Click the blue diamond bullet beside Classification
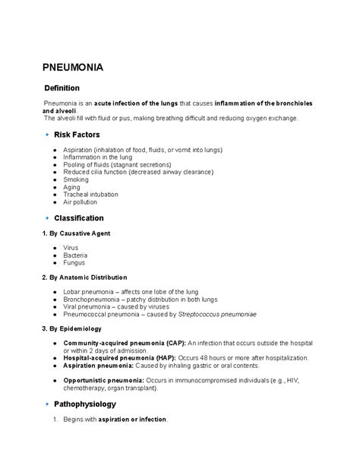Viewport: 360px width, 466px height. [x=46, y=218]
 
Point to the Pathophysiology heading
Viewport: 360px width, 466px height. [x=84, y=403]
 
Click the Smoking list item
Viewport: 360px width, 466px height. [x=76, y=179]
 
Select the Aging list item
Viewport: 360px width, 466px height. [x=72, y=187]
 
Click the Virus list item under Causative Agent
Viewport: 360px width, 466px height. [x=71, y=248]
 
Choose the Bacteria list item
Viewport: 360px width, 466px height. [x=75, y=255]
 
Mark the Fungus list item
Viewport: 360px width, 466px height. [x=74, y=263]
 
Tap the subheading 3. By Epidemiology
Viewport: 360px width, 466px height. [x=74, y=328]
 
